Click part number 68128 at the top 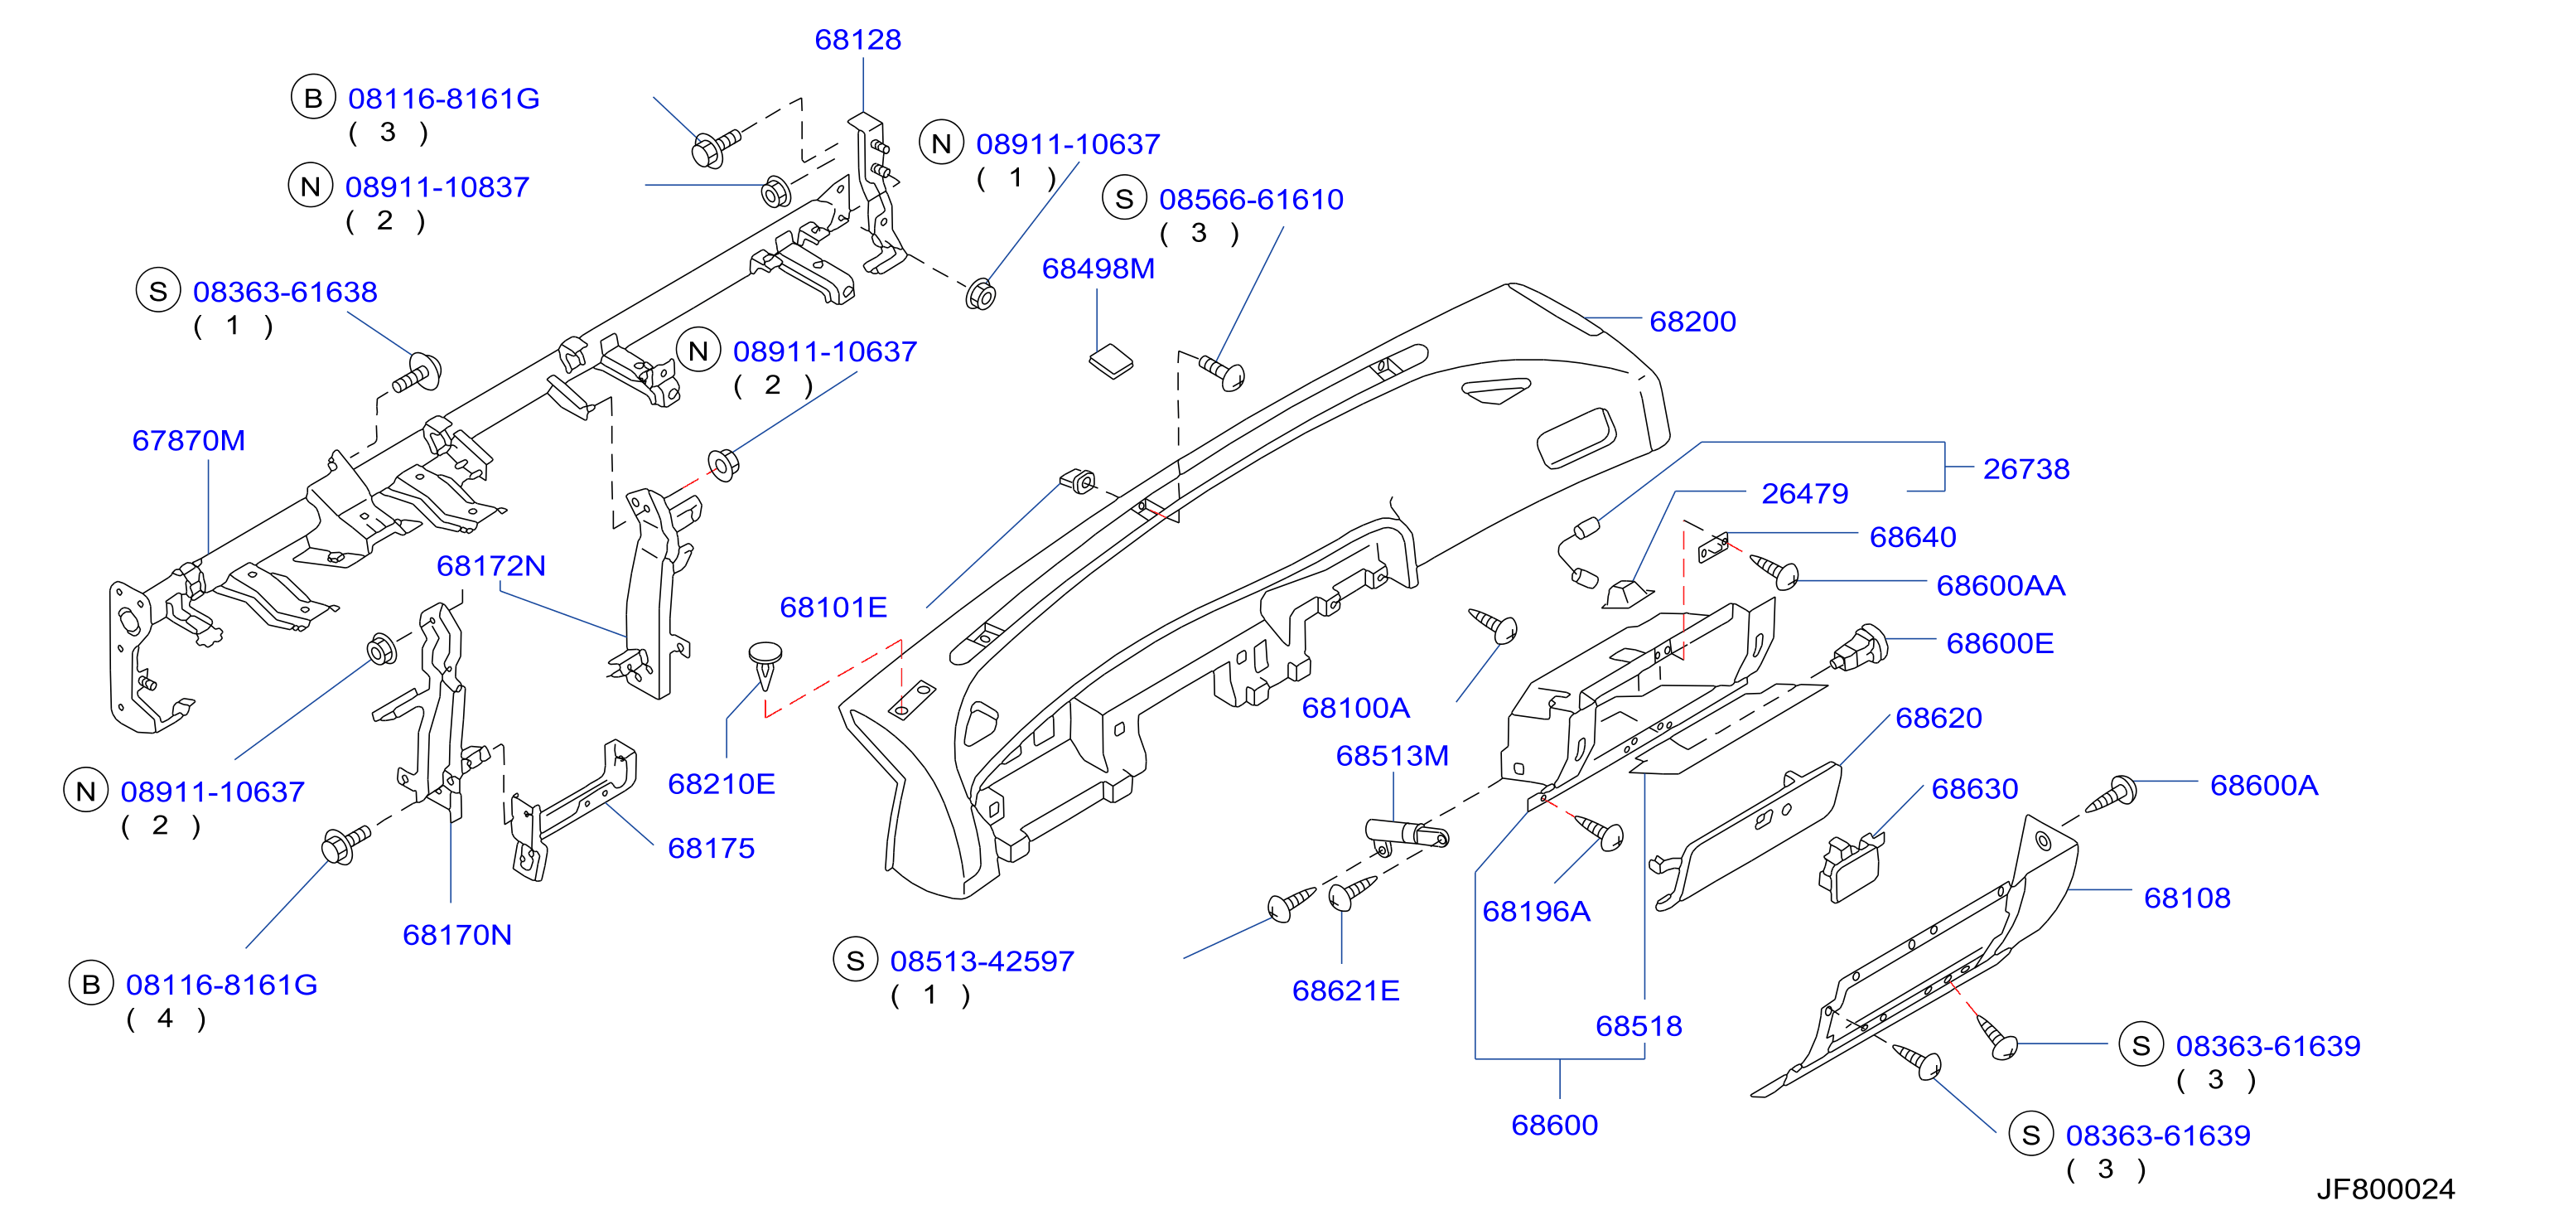coord(857,40)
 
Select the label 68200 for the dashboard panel coord(1692,322)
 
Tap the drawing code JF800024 coord(2386,1189)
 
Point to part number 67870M coord(188,440)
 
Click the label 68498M coord(1098,269)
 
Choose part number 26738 coord(2025,469)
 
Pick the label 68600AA coord(2000,585)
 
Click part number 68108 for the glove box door coord(2186,898)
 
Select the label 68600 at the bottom coord(1555,1125)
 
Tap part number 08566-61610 coord(1251,200)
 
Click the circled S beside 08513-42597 coord(856,960)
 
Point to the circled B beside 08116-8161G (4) coord(91,984)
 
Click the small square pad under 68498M coord(1112,361)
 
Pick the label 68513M coord(1392,756)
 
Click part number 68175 coord(711,848)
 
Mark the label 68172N coord(490,565)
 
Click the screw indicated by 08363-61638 coord(418,373)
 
